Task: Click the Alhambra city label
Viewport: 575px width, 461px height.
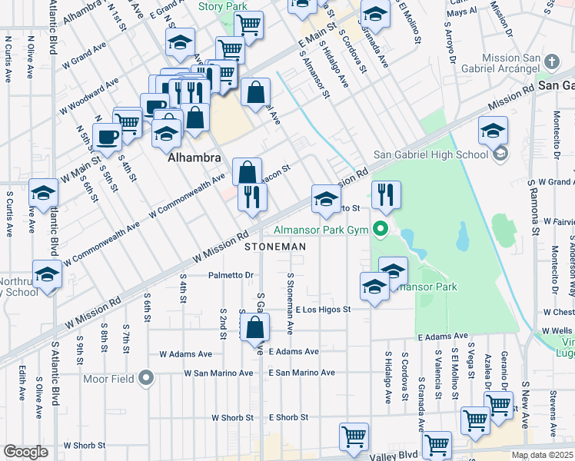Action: pos(194,158)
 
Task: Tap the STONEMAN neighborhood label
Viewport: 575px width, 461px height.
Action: pos(275,247)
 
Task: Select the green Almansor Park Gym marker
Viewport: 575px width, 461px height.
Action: pos(380,228)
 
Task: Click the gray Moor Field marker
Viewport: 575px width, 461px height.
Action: pos(147,379)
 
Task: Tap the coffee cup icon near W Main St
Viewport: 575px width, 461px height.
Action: pos(107,138)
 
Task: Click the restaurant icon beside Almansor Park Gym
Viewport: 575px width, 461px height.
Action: pos(386,195)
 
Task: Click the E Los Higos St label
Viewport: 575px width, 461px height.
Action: pos(323,310)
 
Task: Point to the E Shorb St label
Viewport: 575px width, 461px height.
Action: pos(288,418)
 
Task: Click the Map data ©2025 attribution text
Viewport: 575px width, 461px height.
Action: pos(542,456)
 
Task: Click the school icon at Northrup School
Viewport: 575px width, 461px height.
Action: pos(46,274)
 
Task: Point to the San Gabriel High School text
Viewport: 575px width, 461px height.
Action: pos(439,154)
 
